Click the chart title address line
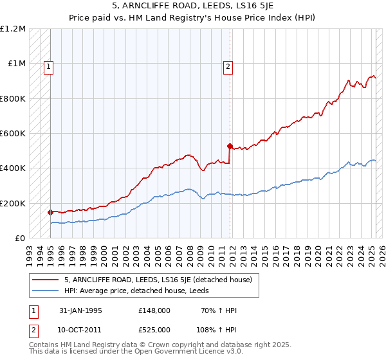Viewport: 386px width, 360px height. coord(192,7)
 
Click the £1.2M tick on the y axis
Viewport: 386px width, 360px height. coord(13,29)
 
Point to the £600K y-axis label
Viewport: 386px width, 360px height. coord(13,134)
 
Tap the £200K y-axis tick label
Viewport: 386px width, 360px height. coord(13,203)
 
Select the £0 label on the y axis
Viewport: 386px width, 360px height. coord(20,238)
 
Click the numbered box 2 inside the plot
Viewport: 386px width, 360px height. coord(228,65)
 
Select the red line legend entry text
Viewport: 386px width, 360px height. coord(161,280)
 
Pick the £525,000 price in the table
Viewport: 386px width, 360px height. coord(154,330)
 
